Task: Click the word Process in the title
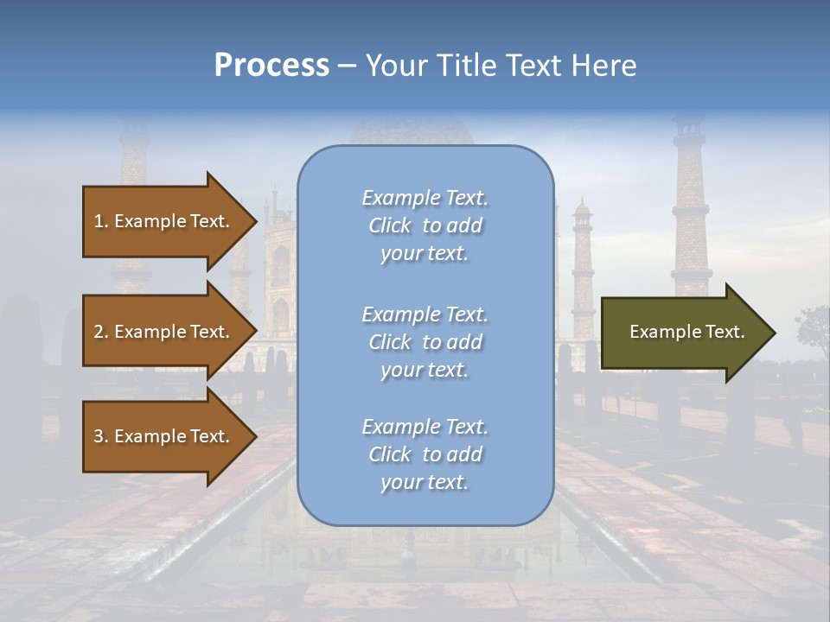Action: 271,66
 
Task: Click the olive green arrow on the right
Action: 683,332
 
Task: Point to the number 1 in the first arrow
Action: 98,221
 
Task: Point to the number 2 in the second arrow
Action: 98,332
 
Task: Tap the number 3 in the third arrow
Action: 98,436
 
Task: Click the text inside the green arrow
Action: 686,332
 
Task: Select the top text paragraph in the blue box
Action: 425,225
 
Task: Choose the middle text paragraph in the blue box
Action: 425,342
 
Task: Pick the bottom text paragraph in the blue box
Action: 425,454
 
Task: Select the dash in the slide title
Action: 348,66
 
